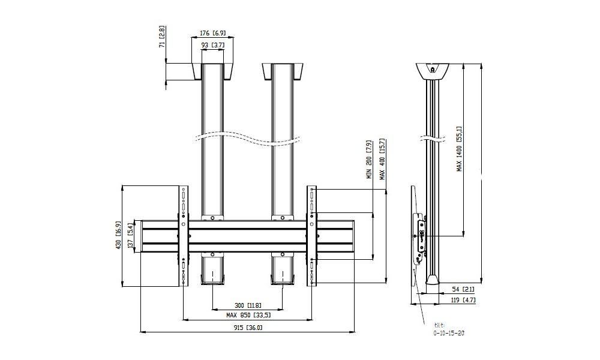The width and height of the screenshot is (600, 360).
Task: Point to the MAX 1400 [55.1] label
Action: point(460,149)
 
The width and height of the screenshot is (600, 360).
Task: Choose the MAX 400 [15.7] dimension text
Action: point(382,160)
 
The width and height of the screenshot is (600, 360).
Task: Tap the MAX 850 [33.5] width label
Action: point(248,315)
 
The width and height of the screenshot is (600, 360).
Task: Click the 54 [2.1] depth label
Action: point(460,289)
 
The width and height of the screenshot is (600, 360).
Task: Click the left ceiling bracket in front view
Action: point(211,72)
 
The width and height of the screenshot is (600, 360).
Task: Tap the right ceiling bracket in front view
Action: point(281,72)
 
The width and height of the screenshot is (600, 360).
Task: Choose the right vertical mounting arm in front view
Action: point(313,237)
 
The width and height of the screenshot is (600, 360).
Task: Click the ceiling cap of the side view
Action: point(433,71)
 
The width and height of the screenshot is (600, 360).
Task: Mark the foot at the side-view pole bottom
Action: point(433,280)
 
